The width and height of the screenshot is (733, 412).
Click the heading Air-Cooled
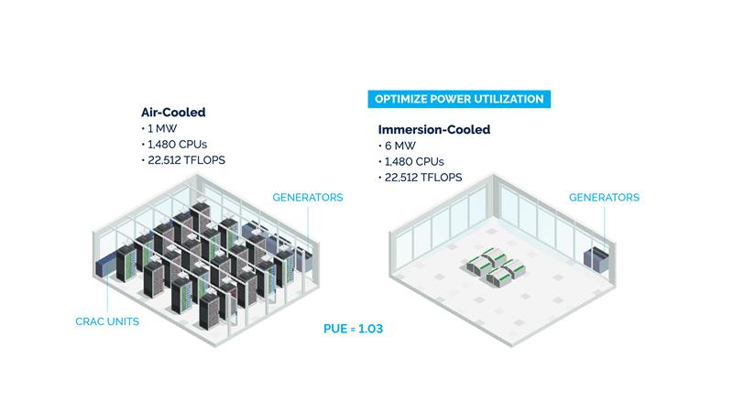(x=173, y=113)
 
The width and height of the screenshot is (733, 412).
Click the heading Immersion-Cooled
(x=433, y=130)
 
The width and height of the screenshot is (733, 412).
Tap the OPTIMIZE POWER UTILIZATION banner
(x=458, y=99)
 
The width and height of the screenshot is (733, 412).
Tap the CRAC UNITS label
(x=107, y=321)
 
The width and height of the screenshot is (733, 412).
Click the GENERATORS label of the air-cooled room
(x=308, y=198)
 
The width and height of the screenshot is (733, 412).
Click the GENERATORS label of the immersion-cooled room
(x=604, y=198)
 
